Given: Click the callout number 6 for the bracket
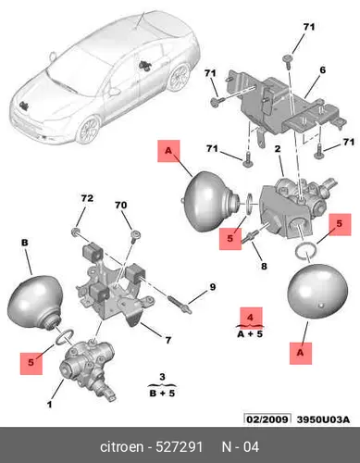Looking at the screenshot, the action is (322, 70).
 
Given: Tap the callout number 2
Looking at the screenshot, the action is (278, 149).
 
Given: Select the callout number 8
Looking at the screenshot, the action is (264, 266).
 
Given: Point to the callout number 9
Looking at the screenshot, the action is (213, 287).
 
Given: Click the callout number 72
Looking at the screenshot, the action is (87, 198).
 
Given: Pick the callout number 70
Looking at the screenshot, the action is (120, 205).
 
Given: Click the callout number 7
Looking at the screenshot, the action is (168, 340).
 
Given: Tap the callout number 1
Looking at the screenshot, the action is (49, 404).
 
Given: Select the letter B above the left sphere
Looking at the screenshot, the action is (25, 243).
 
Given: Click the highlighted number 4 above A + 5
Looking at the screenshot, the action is (250, 318).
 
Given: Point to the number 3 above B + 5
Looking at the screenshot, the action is (162, 377).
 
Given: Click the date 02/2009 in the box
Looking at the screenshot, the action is (267, 419).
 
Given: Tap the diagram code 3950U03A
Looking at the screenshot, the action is (323, 419).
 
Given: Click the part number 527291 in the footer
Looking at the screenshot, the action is (180, 446).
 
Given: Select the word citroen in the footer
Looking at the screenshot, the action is (122, 447).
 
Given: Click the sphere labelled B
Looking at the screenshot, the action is (34, 302).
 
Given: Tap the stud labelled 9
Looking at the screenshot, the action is (180, 304).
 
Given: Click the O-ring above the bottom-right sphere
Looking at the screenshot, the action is (305, 250).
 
